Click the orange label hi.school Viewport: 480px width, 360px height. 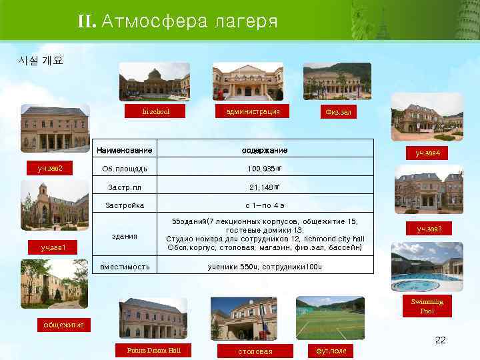pos(156,112)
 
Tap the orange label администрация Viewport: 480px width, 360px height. pos(247,111)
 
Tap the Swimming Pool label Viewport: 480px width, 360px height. pos(427,307)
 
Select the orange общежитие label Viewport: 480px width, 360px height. pos(64,325)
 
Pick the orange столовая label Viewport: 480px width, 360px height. pos(255,351)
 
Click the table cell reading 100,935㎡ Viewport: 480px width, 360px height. pos(264,169)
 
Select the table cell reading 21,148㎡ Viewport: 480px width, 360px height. pos(264,187)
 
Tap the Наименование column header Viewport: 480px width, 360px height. pos(125,149)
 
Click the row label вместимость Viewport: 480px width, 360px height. pos(125,267)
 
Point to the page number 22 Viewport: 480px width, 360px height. pos(440,340)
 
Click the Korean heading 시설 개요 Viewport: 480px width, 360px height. pos(41,61)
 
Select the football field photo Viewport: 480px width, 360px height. pos(330,319)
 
